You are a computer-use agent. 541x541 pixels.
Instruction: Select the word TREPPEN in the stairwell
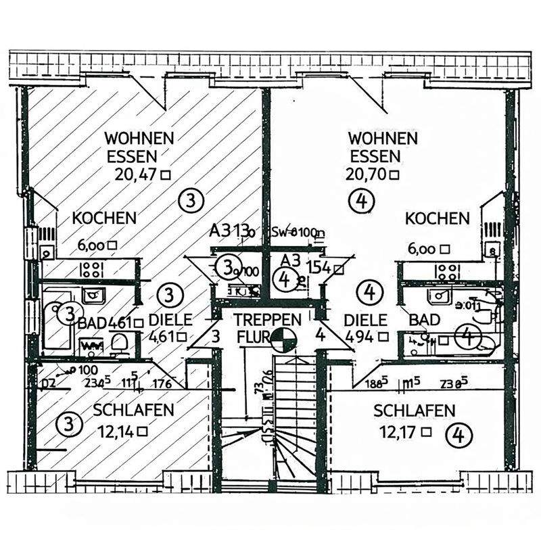coord(263,319)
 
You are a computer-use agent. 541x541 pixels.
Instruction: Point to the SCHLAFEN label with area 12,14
coord(134,410)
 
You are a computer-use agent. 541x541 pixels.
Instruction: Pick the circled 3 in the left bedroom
coord(67,425)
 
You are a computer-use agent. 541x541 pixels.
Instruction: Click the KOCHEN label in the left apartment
coord(105,218)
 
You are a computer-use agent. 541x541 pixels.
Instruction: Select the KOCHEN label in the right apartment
coord(437,218)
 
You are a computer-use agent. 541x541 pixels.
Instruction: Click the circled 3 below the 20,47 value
coord(191,199)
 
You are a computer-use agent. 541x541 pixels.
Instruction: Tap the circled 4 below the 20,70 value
coord(362,199)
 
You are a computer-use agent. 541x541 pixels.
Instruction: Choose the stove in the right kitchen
coord(447,271)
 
